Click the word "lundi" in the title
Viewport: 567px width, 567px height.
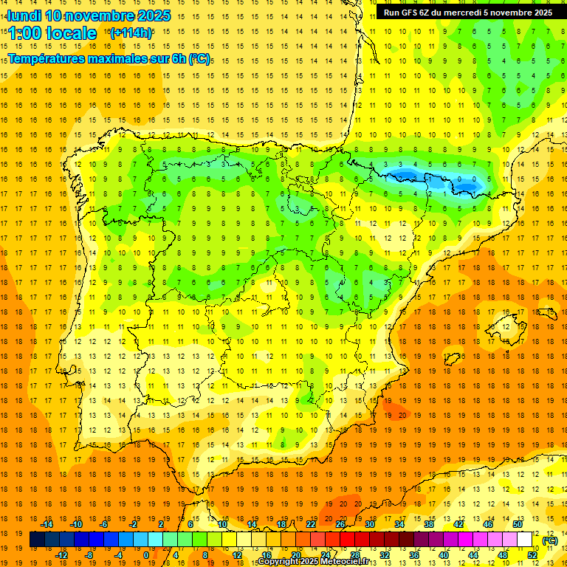point(24,16)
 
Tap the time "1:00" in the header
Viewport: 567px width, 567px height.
point(24,33)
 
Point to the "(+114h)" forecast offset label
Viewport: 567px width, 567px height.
point(131,32)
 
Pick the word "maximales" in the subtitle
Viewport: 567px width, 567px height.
point(131,58)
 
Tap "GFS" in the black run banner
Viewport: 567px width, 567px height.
point(410,13)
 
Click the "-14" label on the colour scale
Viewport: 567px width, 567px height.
point(47,524)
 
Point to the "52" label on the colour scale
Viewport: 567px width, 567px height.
point(532,555)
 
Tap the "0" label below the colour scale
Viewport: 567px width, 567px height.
point(145,555)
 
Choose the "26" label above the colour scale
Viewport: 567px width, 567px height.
point(340,524)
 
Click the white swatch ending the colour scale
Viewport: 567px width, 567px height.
point(525,540)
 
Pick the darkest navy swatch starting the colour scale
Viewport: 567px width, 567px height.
point(37,540)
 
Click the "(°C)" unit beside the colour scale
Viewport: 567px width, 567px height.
point(549,540)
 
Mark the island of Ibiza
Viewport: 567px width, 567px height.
point(451,359)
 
